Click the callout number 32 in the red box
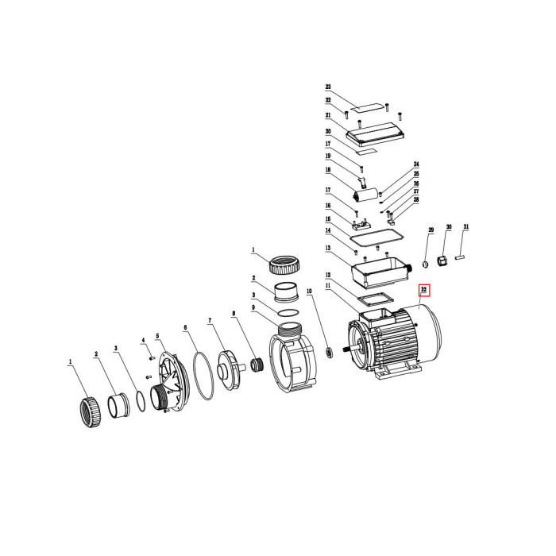(x=423, y=289)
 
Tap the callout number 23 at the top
(x=328, y=87)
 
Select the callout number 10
(x=309, y=292)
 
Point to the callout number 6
(x=185, y=327)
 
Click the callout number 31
(x=466, y=226)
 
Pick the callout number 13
(x=328, y=248)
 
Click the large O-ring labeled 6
(x=203, y=376)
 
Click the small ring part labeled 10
(x=330, y=353)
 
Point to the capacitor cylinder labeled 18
(x=365, y=195)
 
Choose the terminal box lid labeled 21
(x=376, y=135)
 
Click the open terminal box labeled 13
(x=380, y=272)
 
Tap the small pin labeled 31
(x=460, y=257)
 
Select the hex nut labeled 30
(x=442, y=261)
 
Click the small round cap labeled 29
(x=426, y=264)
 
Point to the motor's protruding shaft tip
(x=344, y=349)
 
